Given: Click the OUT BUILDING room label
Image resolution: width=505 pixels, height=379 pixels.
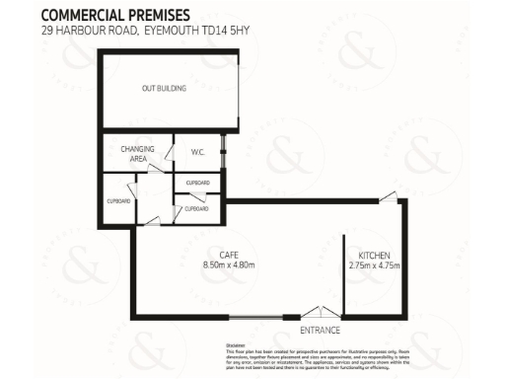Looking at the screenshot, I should pos(164,89).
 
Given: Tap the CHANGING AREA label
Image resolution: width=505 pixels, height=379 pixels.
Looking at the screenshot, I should pos(134,153).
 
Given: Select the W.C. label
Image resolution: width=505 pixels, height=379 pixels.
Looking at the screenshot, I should pos(196,153).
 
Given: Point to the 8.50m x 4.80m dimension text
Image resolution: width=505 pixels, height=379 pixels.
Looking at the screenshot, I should pos(229,265).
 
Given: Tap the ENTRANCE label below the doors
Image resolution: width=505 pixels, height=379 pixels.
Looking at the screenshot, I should pos(321,330).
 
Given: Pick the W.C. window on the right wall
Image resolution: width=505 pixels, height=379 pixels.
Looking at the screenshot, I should pos(225,154).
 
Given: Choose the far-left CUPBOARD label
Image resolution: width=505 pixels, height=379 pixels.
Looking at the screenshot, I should pos(117,201).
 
